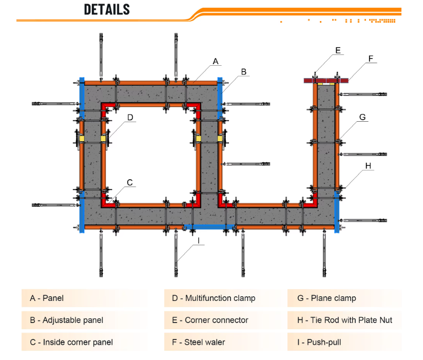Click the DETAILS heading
[107, 9]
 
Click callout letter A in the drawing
[215, 62]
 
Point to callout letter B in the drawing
[244, 72]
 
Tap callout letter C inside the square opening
[130, 182]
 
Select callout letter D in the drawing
[130, 118]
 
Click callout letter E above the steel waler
[338, 50]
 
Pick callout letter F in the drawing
[371, 59]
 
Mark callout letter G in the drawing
[362, 117]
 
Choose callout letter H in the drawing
[368, 166]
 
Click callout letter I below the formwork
[199, 241]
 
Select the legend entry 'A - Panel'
[47, 298]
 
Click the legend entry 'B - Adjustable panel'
[67, 320]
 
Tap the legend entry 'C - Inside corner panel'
[71, 342]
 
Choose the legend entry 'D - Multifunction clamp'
[214, 298]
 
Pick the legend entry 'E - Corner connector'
[210, 320]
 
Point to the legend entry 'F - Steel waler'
[199, 342]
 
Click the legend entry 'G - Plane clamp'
[326, 298]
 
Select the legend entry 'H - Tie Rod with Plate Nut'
[345, 320]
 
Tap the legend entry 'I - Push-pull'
[319, 342]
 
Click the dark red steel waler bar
[326, 81]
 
